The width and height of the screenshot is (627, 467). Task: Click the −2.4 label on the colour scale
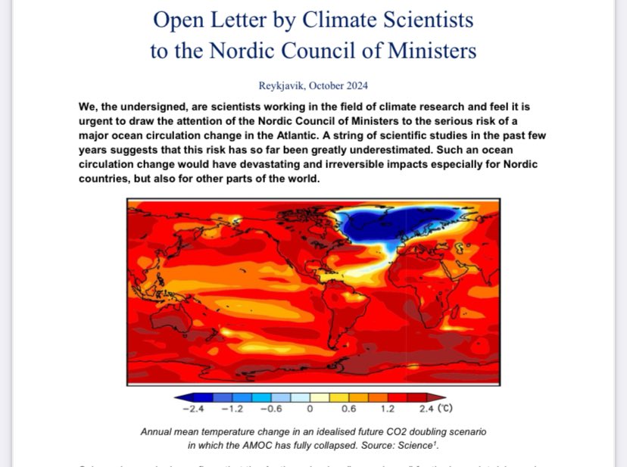point(195,409)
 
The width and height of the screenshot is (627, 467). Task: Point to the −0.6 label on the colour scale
point(270,409)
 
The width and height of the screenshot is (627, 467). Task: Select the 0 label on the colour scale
point(310,409)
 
